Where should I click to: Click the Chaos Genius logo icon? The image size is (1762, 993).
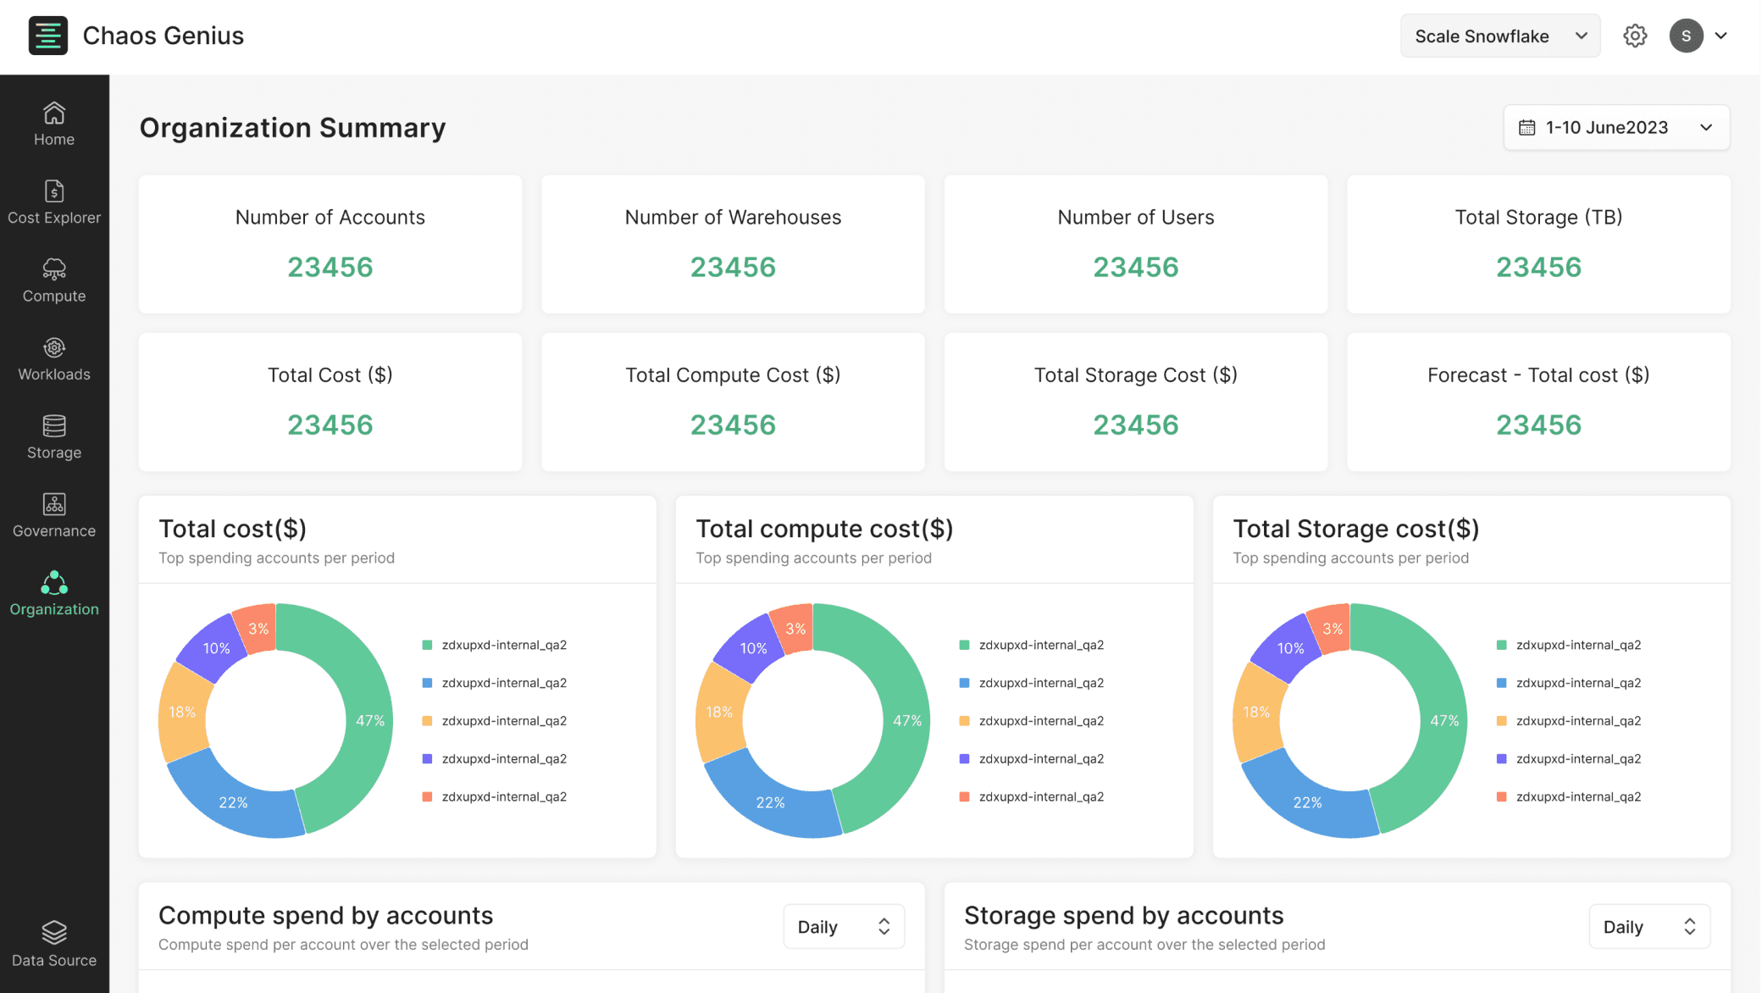pyautogui.click(x=47, y=36)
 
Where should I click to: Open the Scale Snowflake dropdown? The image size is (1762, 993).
pyautogui.click(x=1499, y=36)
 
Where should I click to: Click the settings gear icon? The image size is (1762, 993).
pyautogui.click(x=1635, y=36)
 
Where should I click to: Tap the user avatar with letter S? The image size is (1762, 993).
pyautogui.click(x=1686, y=36)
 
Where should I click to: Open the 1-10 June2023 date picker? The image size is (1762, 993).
pyautogui.click(x=1616, y=127)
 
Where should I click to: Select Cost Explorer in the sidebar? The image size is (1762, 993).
pyautogui.click(x=54, y=202)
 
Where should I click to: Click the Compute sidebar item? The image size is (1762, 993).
pyautogui.click(x=54, y=280)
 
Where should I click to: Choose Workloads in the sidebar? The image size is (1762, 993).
pyautogui.click(x=54, y=359)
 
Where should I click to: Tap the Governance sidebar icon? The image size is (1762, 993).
pyautogui.click(x=54, y=504)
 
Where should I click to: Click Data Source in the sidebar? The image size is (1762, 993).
pyautogui.click(x=54, y=945)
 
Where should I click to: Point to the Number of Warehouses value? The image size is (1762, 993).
pyautogui.click(x=733, y=267)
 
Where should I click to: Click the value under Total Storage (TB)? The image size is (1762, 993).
pyautogui.click(x=1538, y=267)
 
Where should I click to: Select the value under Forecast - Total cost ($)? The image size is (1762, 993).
pyautogui.click(x=1538, y=424)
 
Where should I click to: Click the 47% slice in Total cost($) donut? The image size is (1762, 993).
pyautogui.click(x=368, y=720)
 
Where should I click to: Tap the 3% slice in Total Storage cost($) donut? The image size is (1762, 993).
pyautogui.click(x=1332, y=628)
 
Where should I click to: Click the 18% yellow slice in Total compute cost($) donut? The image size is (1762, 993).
pyautogui.click(x=720, y=712)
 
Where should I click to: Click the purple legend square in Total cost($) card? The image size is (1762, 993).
pyautogui.click(x=427, y=758)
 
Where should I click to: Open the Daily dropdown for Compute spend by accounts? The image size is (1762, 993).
pyautogui.click(x=844, y=926)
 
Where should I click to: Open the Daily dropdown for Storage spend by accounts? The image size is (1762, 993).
pyautogui.click(x=1649, y=926)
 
